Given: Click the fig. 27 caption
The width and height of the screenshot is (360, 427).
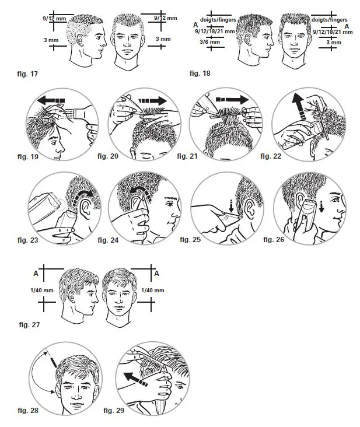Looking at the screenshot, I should (x=29, y=324).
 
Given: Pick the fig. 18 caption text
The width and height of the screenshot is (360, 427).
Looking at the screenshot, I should (x=202, y=75).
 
